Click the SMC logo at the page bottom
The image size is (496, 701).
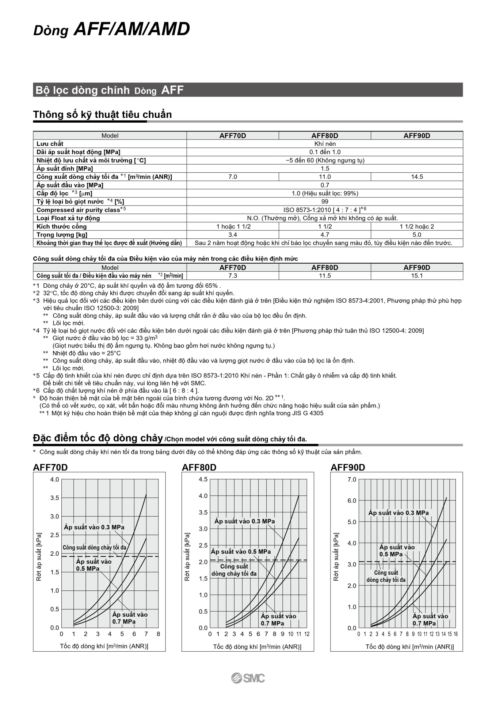click(x=248, y=678)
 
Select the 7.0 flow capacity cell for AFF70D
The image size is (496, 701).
click(x=233, y=177)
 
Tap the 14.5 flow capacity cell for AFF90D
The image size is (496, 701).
click(x=417, y=177)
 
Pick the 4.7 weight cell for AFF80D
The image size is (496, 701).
click(x=325, y=235)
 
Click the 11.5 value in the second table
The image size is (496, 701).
click(x=325, y=276)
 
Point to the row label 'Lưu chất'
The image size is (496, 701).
click(x=50, y=144)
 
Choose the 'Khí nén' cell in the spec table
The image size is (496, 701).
click(x=325, y=144)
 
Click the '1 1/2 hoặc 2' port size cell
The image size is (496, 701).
click(x=417, y=226)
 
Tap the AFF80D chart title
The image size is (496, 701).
click(x=199, y=467)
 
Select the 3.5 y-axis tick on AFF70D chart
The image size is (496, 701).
click(x=54, y=498)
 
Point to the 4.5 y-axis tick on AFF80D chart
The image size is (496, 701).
click(x=203, y=479)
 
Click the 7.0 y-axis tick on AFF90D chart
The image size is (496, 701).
click(x=352, y=479)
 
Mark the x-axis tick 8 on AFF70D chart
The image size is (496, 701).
click(x=158, y=634)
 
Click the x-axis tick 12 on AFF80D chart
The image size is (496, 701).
click(x=307, y=634)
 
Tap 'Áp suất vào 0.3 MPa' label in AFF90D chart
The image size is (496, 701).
click(x=398, y=513)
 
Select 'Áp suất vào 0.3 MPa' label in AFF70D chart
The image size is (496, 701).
click(x=94, y=527)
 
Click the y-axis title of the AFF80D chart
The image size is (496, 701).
click(x=187, y=557)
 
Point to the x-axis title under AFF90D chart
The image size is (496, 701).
click(x=409, y=647)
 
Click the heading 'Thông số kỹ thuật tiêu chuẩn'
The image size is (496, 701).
click(x=102, y=115)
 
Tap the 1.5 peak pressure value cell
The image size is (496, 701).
click(x=325, y=169)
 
